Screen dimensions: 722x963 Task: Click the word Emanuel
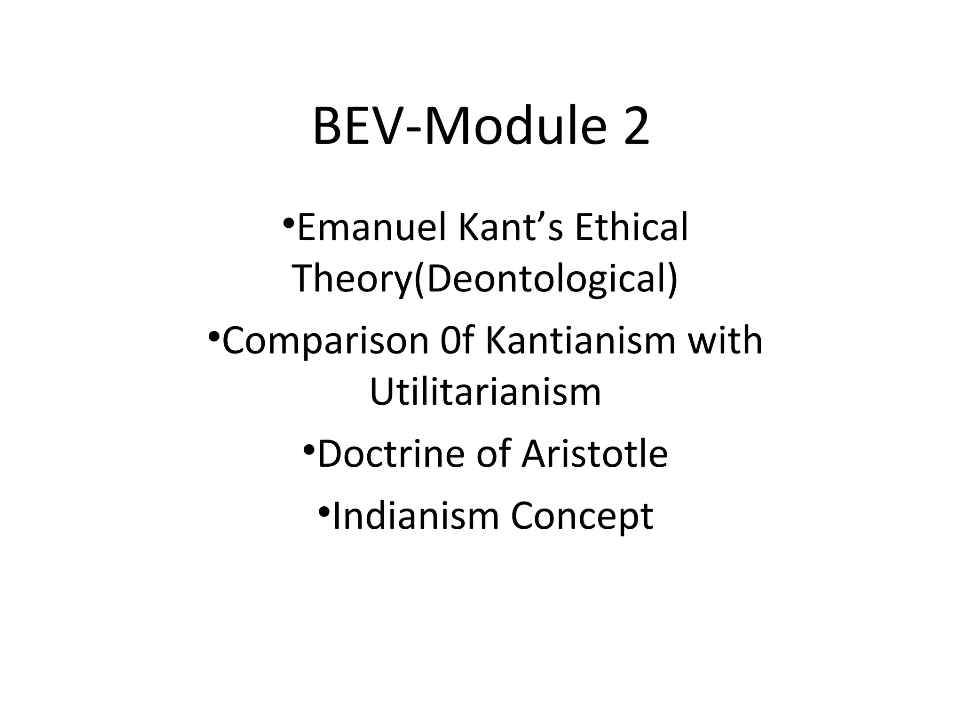tap(371, 228)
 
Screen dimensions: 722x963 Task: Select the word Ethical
tap(631, 228)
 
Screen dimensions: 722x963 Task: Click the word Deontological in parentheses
tap(547, 278)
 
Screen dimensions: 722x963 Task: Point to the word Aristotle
tap(594, 454)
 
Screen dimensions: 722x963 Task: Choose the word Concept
tap(582, 516)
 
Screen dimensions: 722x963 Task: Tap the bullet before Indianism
tap(324, 511)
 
